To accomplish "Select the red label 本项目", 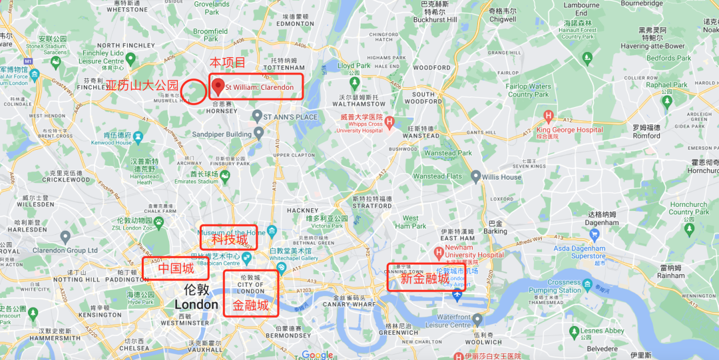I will pos(228,63).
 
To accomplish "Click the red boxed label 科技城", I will pos(229,239).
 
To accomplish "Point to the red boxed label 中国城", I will pos(176,269).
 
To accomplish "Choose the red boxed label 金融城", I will pos(250,305).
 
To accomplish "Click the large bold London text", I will pos(196,305).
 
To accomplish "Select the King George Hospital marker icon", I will pos(549,116).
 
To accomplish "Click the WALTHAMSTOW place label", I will pos(359,104).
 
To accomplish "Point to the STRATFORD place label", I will pos(372,206).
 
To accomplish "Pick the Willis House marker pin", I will pos(475,177).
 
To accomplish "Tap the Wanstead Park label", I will pos(448,153).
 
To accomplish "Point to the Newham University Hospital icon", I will pos(438,252).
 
